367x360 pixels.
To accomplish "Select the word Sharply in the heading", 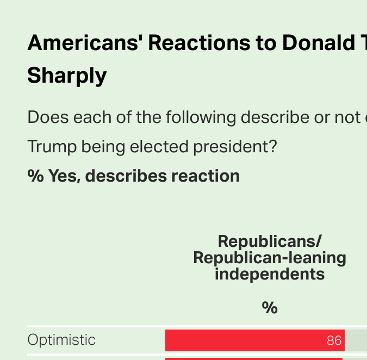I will pyautogui.click(x=67, y=76).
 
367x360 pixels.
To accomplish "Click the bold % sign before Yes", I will pyautogui.click(x=35, y=176).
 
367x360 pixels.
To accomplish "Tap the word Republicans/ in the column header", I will pyautogui.click(x=270, y=241).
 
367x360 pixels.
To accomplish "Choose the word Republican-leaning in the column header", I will pyautogui.click(x=270, y=257).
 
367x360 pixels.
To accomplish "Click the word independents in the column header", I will pyautogui.click(x=270, y=274).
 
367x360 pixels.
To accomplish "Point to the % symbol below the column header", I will pyautogui.click(x=270, y=308).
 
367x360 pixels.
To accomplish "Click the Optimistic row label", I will pyautogui.click(x=61, y=340).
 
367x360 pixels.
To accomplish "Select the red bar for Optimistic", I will pyautogui.click(x=245, y=340).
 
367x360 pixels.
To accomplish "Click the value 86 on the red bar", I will pyautogui.click(x=334, y=341).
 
